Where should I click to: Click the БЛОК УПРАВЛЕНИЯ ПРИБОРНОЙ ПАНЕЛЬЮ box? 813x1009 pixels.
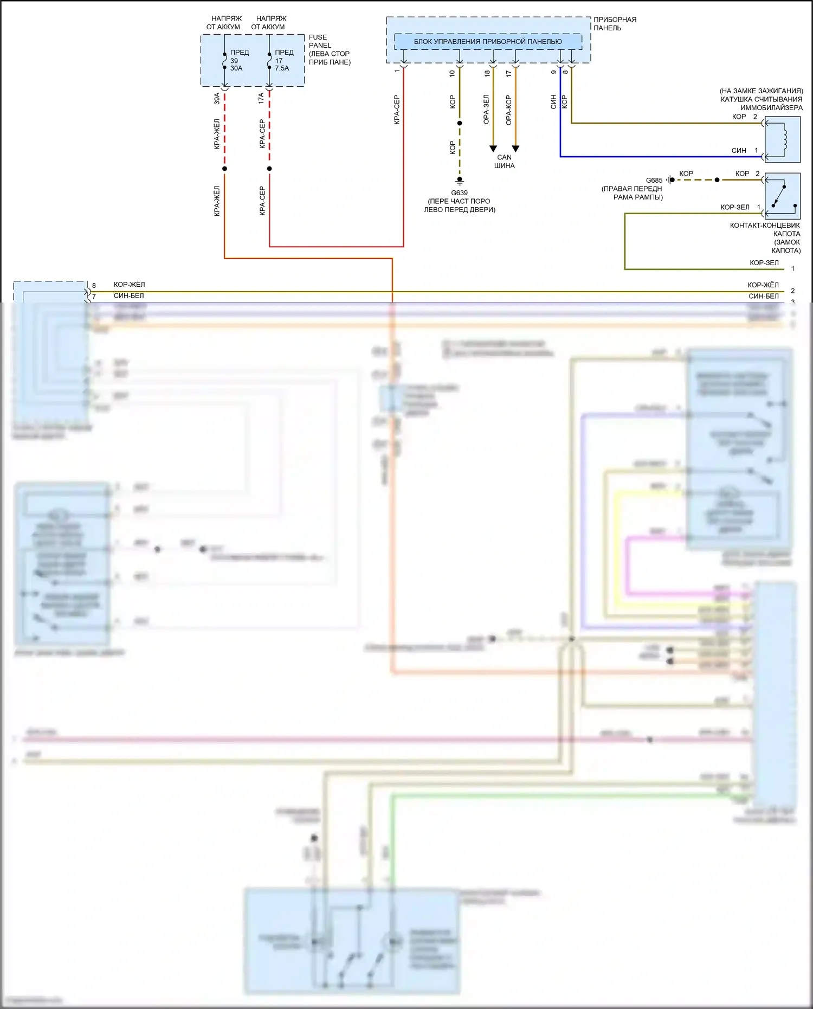pyautogui.click(x=488, y=42)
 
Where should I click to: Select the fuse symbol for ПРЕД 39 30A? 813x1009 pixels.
pyautogui.click(x=224, y=61)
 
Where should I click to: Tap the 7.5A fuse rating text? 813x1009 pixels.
pyautogui.click(x=282, y=68)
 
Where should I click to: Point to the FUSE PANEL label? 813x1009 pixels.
pyautogui.click(x=320, y=41)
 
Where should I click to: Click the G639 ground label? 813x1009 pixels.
pyautogui.click(x=459, y=193)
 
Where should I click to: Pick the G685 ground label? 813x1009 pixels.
pyautogui.click(x=654, y=181)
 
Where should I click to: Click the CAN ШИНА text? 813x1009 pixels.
pyautogui.click(x=504, y=162)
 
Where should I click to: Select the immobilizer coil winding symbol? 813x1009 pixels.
pyautogui.click(x=783, y=139)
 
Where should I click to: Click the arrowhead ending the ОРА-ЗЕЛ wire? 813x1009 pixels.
pyautogui.click(x=493, y=149)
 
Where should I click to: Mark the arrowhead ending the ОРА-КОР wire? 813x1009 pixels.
pyautogui.click(x=515, y=149)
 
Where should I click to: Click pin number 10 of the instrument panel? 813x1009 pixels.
pyautogui.click(x=452, y=73)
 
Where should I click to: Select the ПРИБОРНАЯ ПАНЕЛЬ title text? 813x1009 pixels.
pyautogui.click(x=615, y=23)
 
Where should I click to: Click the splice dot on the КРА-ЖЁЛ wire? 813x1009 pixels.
pyautogui.click(x=224, y=169)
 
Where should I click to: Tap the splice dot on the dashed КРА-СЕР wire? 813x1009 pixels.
pyautogui.click(x=269, y=169)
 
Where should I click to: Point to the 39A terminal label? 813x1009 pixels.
pyautogui.click(x=217, y=98)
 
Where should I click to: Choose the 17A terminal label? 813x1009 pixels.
pyautogui.click(x=261, y=98)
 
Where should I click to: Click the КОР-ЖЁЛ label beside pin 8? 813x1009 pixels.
pyautogui.click(x=129, y=285)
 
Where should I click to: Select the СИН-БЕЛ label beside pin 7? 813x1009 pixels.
pyautogui.click(x=129, y=296)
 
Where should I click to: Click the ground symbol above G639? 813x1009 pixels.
pyautogui.click(x=460, y=181)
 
